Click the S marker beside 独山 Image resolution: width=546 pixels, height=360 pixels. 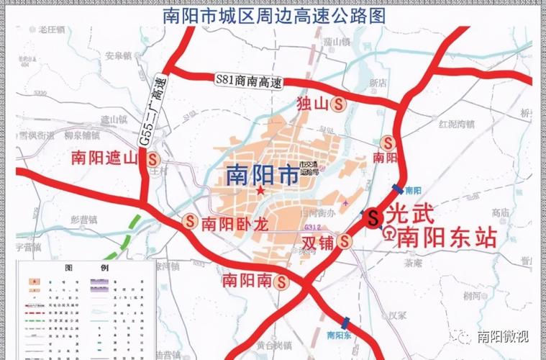(338, 104)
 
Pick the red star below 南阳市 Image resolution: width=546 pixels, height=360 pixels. (259, 192)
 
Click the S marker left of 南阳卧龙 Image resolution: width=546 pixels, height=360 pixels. (191, 222)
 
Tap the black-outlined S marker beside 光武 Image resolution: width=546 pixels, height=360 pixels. (373, 217)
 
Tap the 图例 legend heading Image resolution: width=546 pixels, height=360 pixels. (85, 267)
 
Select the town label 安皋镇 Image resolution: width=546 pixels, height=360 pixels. (117, 55)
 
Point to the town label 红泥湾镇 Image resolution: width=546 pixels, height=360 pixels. (455, 124)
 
